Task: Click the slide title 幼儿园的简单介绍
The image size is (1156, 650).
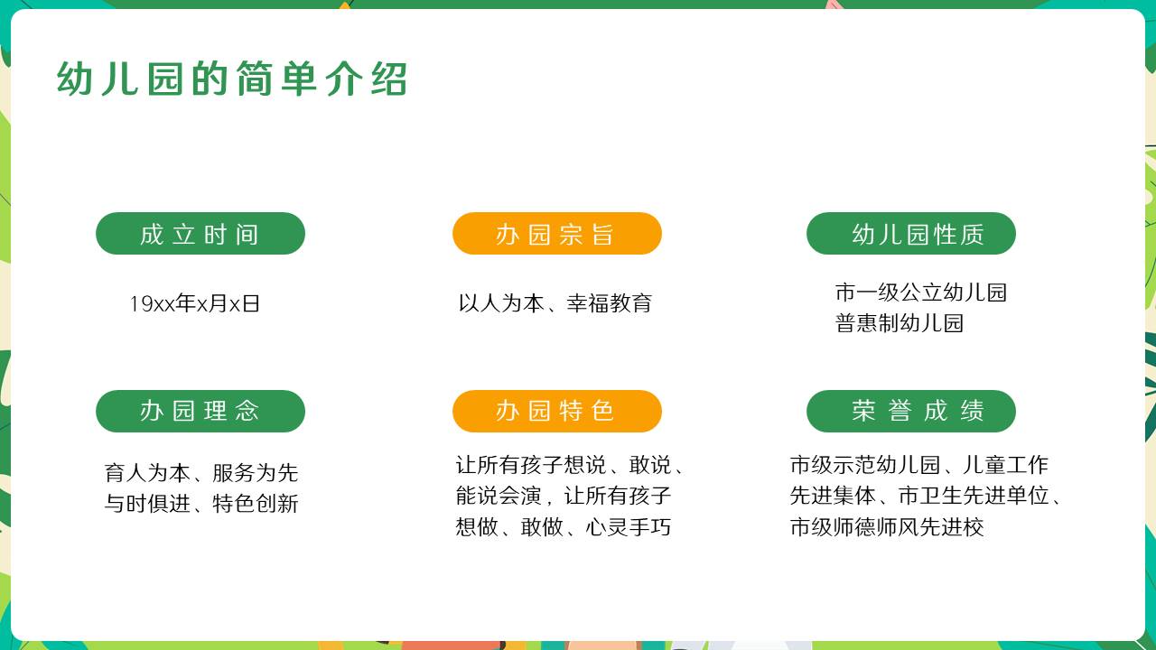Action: pos(232,79)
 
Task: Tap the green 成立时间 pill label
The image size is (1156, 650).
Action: pos(200,233)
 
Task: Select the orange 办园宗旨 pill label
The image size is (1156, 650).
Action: pos(557,233)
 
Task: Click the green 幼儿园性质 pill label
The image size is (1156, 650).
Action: pos(911,233)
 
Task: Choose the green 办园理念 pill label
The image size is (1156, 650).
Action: pos(200,411)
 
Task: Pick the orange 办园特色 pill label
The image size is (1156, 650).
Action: pos(557,411)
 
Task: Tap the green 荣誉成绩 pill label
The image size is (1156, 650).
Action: pos(911,411)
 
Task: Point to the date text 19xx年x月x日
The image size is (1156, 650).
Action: pos(194,303)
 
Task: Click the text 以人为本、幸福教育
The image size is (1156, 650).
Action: pos(555,303)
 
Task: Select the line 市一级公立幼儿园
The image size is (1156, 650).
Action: pos(921,292)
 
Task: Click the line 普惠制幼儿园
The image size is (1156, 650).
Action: pos(900,323)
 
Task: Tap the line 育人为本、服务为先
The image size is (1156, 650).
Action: pos(201,472)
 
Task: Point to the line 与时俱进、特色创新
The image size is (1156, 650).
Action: pos(201,504)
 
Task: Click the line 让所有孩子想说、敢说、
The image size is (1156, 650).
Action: pos(570,465)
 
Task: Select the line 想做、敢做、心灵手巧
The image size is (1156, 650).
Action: pos(563,526)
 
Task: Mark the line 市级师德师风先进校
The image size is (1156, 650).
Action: pos(887,526)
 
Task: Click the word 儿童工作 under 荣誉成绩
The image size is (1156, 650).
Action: pos(1006,465)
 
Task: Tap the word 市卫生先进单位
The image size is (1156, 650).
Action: pos(974,496)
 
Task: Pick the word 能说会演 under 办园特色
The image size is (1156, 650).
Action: pos(499,496)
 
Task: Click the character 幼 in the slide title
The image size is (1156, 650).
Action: pos(74,79)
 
